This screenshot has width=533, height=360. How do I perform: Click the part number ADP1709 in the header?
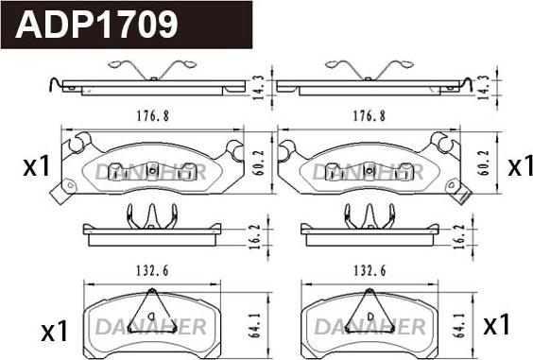96,25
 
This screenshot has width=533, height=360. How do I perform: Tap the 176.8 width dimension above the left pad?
153,116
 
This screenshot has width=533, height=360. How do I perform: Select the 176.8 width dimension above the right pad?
370,116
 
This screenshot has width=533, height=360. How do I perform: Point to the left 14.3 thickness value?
259,87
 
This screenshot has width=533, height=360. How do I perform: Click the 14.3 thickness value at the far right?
483,87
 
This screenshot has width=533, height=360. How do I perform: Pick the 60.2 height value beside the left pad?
259,163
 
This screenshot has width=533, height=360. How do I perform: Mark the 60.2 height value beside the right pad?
484,163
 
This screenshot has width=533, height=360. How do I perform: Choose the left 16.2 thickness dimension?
254,236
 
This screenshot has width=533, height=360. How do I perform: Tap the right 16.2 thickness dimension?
459,236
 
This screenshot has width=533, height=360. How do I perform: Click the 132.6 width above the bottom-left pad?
153,271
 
